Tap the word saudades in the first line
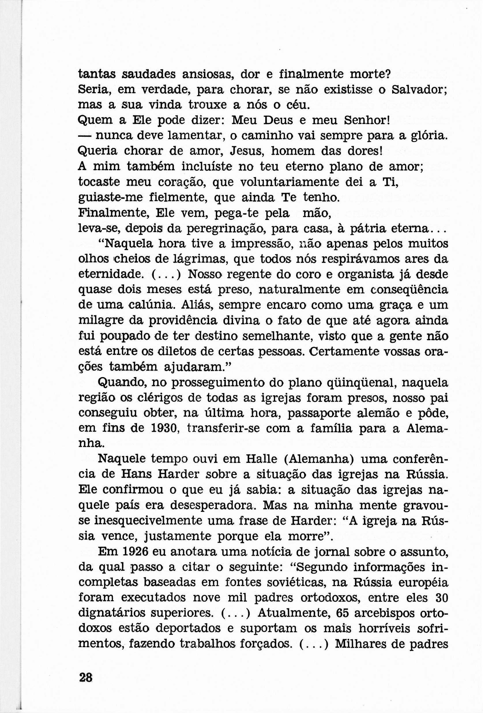(x=149, y=74)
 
